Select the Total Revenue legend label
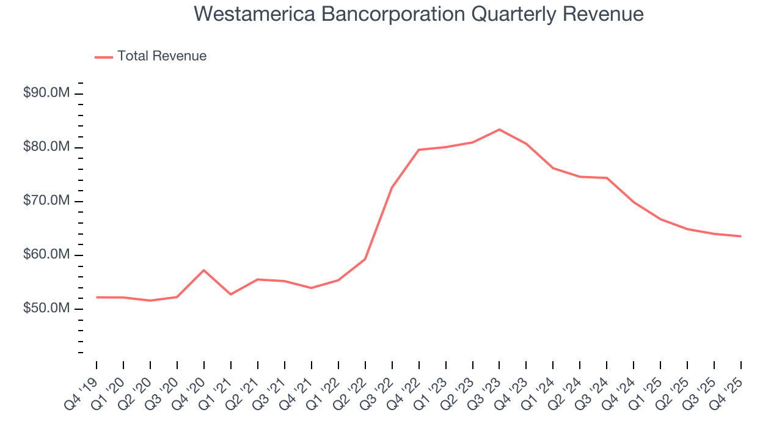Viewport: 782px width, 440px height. tap(162, 56)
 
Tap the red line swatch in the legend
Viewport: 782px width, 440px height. tap(104, 57)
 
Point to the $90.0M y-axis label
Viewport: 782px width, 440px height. tap(46, 94)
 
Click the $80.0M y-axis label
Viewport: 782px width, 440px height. tap(46, 147)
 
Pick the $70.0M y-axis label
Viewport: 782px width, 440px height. tap(46, 201)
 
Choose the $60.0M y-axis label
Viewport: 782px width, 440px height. tap(46, 255)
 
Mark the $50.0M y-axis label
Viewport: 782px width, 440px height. tap(46, 309)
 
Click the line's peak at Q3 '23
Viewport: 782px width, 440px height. tap(499, 130)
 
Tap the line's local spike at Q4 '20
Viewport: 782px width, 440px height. tap(203, 270)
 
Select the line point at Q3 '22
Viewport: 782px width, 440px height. tap(392, 187)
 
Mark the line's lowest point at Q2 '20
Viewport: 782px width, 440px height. tap(150, 301)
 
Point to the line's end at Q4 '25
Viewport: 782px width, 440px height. tap(741, 236)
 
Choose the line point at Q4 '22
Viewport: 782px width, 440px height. tap(418, 150)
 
